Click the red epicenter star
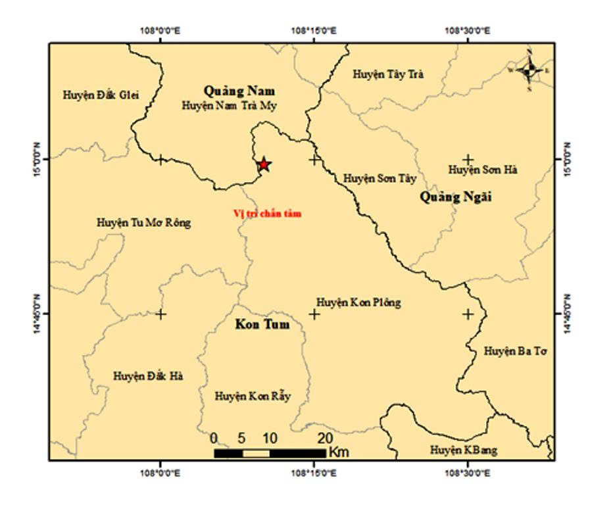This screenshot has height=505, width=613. (x=263, y=164)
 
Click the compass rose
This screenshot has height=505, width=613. (x=529, y=69)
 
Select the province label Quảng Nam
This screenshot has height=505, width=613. (x=239, y=91)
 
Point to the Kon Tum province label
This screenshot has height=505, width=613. (x=262, y=325)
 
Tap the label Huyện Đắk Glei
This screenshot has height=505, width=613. (x=102, y=95)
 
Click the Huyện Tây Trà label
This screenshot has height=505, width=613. (x=388, y=74)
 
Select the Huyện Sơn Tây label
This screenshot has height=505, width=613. (x=380, y=178)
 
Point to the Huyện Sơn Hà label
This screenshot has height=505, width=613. (x=483, y=170)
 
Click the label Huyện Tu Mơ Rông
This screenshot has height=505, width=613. (x=143, y=222)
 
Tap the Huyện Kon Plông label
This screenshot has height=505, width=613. (x=358, y=302)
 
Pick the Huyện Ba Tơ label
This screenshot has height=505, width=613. (x=516, y=351)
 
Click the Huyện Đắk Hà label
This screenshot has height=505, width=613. (x=148, y=376)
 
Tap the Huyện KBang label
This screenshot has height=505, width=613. (x=464, y=450)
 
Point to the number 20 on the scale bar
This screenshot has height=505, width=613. (x=324, y=438)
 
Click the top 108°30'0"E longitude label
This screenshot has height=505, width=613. (x=468, y=30)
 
